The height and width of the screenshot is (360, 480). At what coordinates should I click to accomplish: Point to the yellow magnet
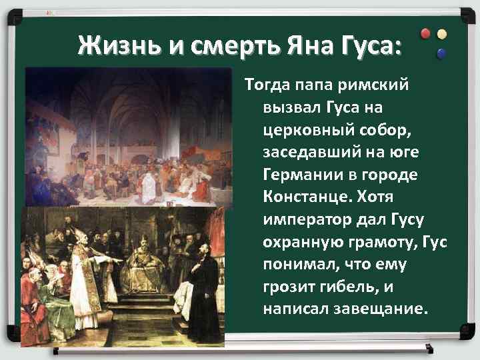coord(441,34)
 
